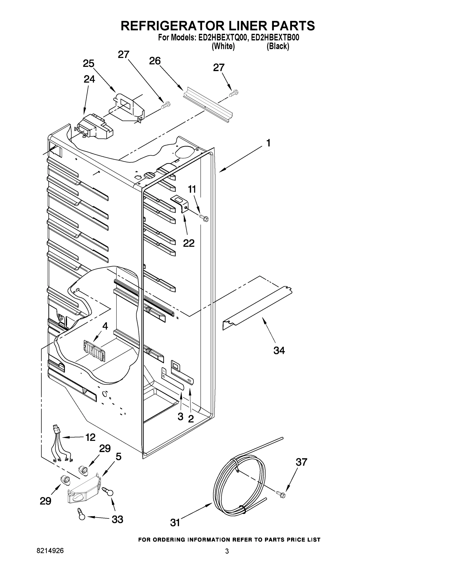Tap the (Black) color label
(278, 46)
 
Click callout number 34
(279, 350)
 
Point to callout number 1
(268, 143)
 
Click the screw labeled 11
(204, 218)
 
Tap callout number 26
(155, 61)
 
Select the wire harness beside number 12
(60, 447)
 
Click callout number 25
(88, 63)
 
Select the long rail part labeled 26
(208, 105)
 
